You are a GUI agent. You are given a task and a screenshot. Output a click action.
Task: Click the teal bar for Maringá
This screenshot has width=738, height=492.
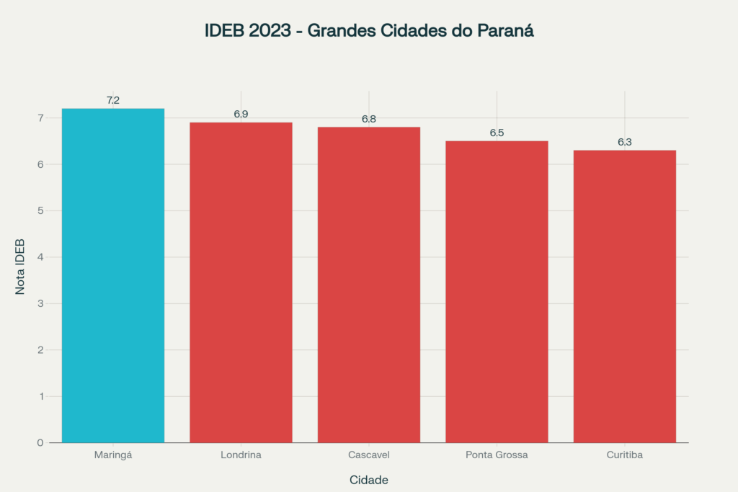tap(113, 275)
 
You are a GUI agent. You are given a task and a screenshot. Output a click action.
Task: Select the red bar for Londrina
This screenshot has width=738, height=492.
tap(241, 282)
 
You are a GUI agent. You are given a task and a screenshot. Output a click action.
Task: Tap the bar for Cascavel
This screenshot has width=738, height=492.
tap(369, 285)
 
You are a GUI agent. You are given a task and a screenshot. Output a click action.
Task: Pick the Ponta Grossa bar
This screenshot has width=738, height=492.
tap(497, 292)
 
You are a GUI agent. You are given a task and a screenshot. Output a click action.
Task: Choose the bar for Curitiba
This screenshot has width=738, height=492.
tap(625, 296)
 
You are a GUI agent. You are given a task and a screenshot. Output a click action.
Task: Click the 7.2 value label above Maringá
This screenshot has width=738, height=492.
tap(113, 101)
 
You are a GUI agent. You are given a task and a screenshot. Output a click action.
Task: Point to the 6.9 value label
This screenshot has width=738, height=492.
tap(241, 115)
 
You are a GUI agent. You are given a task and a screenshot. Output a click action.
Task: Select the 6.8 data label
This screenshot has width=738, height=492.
tap(369, 119)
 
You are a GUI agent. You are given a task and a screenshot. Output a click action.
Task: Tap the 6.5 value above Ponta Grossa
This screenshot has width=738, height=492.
tap(497, 133)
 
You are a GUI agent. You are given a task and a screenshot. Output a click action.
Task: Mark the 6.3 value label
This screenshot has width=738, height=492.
tap(625, 142)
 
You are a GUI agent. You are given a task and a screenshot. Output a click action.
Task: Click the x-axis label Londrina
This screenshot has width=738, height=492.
tap(241, 455)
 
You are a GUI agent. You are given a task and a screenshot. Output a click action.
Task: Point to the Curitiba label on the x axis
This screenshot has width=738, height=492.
tap(625, 455)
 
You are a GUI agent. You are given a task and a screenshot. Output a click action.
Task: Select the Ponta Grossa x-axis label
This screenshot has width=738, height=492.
tap(497, 455)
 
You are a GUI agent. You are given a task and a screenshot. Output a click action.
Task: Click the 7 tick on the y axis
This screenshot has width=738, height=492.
tap(40, 118)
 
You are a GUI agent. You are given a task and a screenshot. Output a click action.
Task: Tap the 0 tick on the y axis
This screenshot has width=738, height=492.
tap(40, 443)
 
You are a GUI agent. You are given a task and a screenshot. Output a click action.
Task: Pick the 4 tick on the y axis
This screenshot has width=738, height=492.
tap(40, 257)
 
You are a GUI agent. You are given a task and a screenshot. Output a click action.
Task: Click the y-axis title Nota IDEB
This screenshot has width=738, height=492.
tap(21, 267)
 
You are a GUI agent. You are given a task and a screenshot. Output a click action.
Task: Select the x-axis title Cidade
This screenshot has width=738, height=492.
tap(369, 480)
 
